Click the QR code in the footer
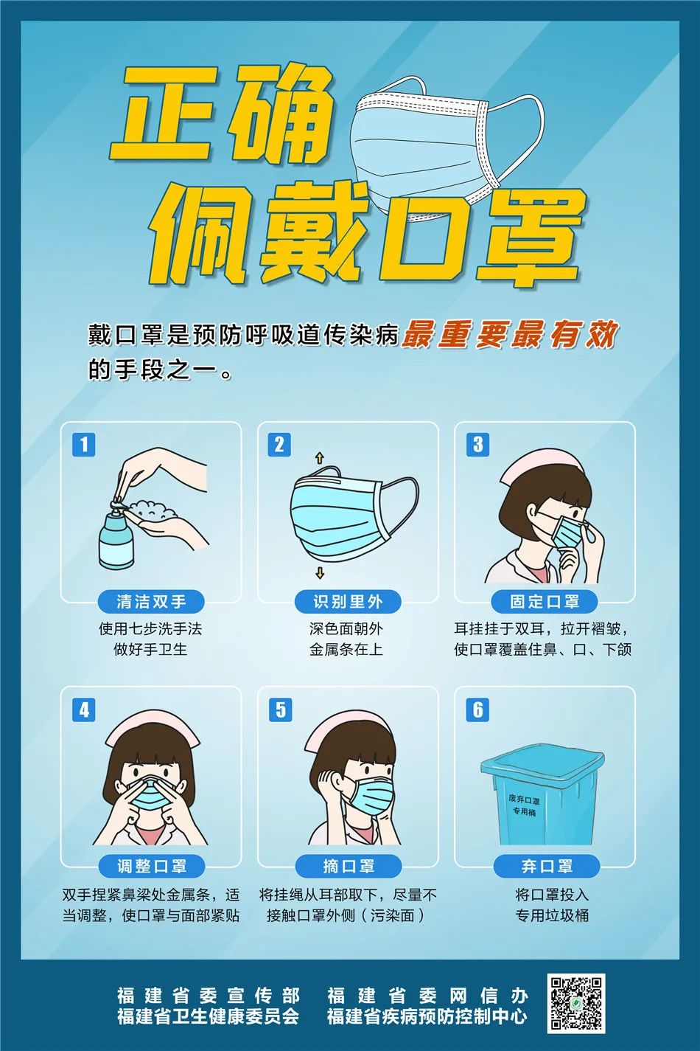[x=575, y=1004]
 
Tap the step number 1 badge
[x=84, y=445]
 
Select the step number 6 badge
[x=478, y=710]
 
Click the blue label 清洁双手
[x=151, y=602]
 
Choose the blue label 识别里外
[x=348, y=602]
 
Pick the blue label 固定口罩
[x=545, y=602]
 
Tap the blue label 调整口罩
[x=151, y=866]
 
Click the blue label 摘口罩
[x=348, y=866]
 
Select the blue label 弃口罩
[x=546, y=866]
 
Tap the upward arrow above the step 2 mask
[x=319, y=458]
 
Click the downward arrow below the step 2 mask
[x=319, y=573]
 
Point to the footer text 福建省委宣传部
[x=208, y=996]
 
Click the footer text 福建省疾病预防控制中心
[x=427, y=1017]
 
